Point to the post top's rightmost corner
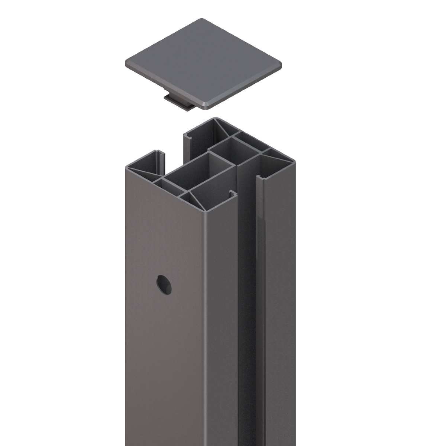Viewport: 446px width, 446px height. [295, 162]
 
